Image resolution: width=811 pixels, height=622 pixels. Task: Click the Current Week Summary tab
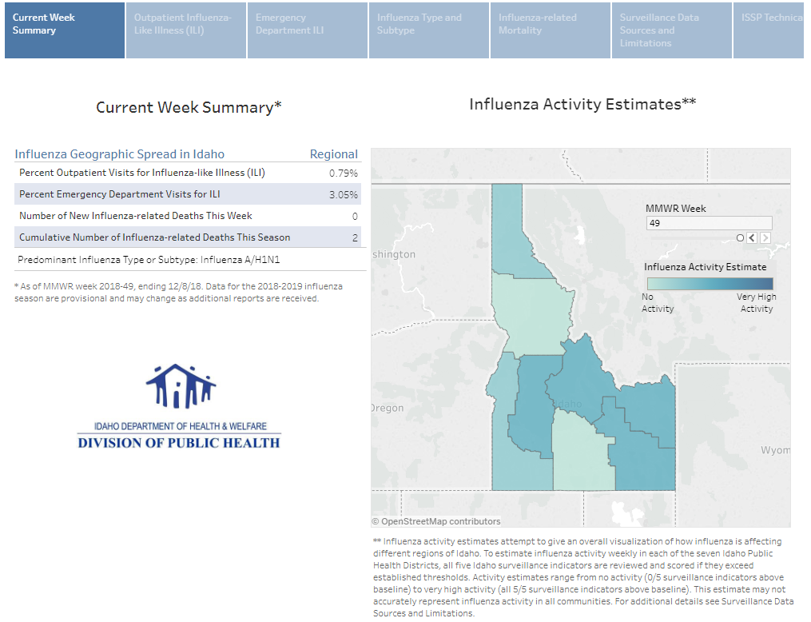[64, 30]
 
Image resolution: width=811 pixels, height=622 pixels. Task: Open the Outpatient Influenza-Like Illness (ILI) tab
[186, 30]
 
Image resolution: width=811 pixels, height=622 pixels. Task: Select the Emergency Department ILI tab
[308, 30]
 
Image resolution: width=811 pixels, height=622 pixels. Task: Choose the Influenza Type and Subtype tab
[429, 30]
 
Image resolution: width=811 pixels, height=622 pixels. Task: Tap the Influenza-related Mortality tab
[551, 30]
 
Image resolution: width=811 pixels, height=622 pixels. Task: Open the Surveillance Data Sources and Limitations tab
[672, 30]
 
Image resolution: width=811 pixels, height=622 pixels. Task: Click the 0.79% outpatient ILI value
[344, 173]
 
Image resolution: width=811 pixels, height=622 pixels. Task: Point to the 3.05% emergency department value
[344, 194]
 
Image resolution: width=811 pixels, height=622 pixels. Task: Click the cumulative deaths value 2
[355, 237]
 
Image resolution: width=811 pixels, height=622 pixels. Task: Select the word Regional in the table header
[333, 154]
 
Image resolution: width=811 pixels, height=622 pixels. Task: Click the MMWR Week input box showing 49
[708, 223]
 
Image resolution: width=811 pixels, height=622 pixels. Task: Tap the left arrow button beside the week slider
[752, 238]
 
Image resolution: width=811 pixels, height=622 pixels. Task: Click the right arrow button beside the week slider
[765, 238]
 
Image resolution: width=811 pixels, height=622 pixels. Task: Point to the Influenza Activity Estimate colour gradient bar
[710, 283]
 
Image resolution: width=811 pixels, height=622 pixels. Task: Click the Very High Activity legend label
[756, 302]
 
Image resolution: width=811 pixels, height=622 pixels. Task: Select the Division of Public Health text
[179, 442]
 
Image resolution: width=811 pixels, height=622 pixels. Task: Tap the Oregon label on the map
[388, 408]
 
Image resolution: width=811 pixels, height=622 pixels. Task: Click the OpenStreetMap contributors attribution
[436, 521]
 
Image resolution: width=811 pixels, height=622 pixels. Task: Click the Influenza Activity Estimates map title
[582, 104]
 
